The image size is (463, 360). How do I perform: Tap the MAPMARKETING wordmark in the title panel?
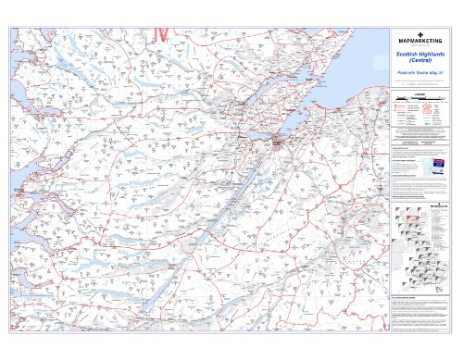click(421, 42)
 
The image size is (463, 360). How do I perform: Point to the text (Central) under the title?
click(421, 60)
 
